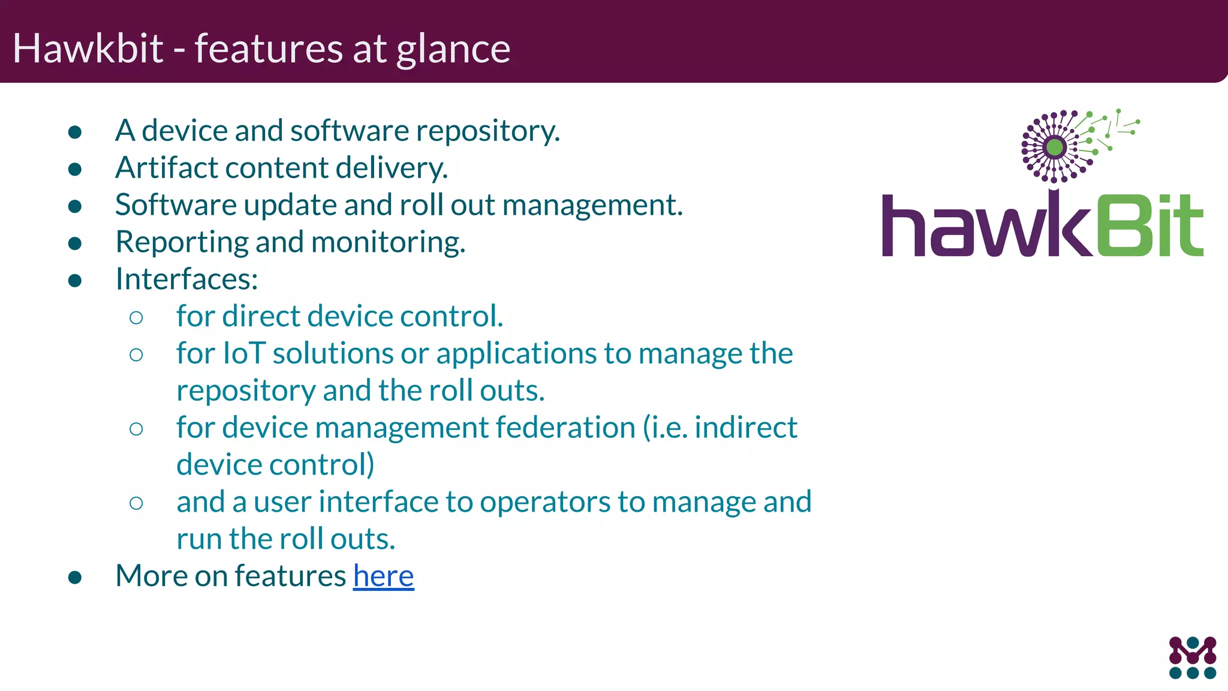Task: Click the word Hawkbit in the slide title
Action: tap(88, 48)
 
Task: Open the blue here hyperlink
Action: tap(383, 576)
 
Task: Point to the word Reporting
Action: tap(181, 242)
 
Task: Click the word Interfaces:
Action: tap(186, 279)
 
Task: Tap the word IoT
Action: tap(244, 353)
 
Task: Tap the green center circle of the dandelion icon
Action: tap(1055, 147)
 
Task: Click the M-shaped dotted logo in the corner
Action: tap(1193, 657)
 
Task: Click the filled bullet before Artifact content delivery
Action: tap(75, 169)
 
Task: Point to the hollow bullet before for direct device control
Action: tap(136, 317)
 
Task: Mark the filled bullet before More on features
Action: tap(75, 577)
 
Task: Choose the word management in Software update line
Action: tap(592, 205)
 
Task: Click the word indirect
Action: tap(745, 428)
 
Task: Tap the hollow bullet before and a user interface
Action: tap(136, 503)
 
